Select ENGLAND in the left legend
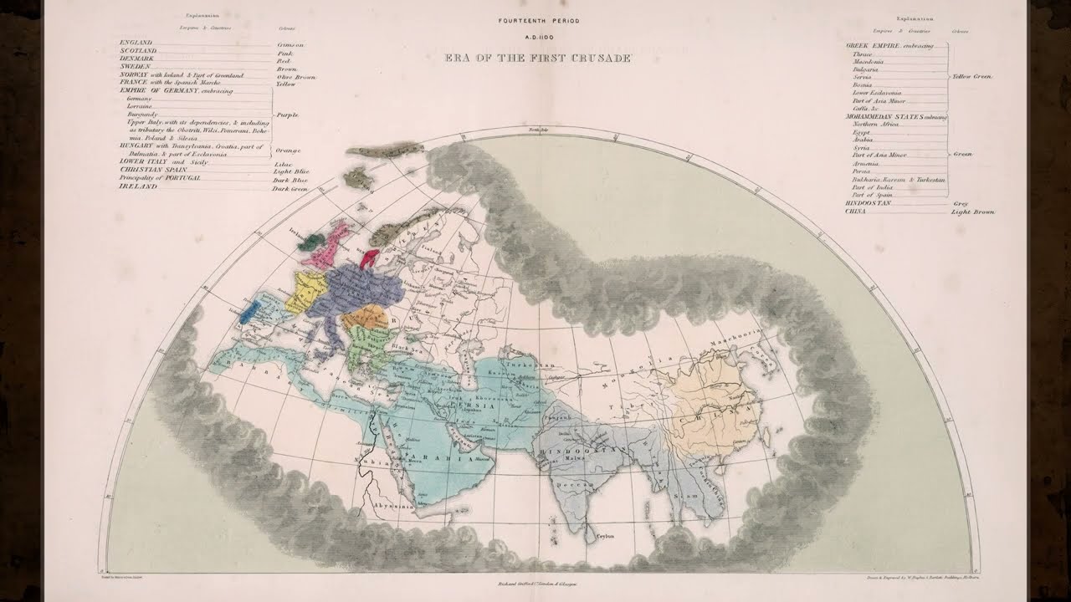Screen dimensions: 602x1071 click(136, 42)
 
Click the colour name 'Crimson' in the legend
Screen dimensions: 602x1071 click(290, 43)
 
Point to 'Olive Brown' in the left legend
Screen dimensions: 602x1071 click(296, 76)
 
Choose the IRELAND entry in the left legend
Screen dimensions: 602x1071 click(136, 187)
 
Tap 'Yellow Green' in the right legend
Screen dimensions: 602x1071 click(972, 76)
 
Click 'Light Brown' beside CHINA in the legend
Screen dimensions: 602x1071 click(973, 212)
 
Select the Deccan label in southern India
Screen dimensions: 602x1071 click(576, 483)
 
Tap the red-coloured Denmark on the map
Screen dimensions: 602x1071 click(371, 255)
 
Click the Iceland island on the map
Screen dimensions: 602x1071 click(357, 177)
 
